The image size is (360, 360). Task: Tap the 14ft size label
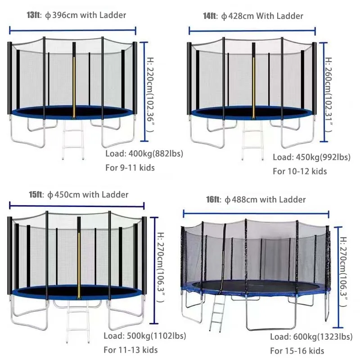(x=209, y=16)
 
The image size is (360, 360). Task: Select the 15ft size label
(x=36, y=195)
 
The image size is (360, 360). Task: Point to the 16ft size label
(x=213, y=199)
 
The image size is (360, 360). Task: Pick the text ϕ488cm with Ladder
(x=265, y=199)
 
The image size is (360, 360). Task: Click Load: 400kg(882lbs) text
(x=144, y=153)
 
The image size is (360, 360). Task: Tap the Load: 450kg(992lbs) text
(x=311, y=157)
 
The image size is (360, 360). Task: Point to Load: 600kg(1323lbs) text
(x=311, y=337)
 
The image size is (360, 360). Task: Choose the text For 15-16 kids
(x=297, y=351)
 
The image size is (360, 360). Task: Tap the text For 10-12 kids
(x=300, y=171)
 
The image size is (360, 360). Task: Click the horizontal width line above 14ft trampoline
(x=252, y=30)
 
